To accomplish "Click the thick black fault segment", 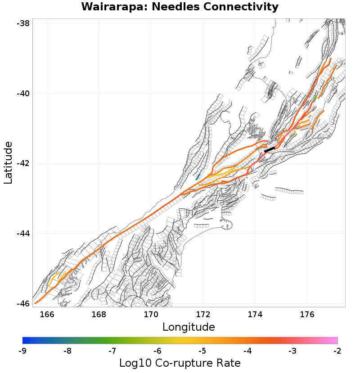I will [x=269, y=149].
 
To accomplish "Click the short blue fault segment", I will [x=198, y=177].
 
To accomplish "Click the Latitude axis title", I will [x=8, y=163].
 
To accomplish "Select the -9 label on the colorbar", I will [x=22, y=351].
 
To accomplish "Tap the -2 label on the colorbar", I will [x=337, y=351].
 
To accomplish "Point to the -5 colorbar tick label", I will [x=202, y=351].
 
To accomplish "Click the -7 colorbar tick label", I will [x=112, y=351].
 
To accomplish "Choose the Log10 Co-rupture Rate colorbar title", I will [x=180, y=363].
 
